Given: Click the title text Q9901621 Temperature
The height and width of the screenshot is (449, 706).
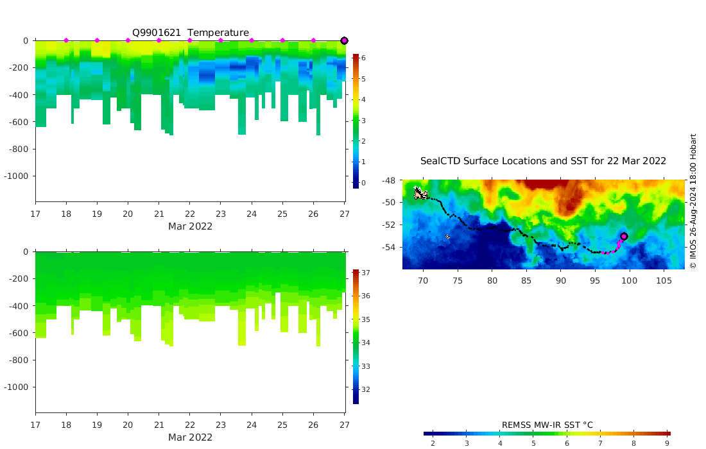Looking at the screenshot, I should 191,33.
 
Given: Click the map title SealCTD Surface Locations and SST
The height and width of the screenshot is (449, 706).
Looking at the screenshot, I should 543,161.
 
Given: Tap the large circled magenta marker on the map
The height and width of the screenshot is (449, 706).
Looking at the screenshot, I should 624,236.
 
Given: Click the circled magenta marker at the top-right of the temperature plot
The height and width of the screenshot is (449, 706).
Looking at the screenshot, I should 344,40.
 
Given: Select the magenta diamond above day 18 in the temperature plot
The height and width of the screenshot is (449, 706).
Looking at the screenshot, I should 66,40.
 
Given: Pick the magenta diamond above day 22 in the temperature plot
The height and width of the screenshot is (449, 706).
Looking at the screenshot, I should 190,40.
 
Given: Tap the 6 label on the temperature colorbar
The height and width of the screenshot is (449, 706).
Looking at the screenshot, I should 363,58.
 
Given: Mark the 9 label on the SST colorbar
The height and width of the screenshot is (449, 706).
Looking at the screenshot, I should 667,443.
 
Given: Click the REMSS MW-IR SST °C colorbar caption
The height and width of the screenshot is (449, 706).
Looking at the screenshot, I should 547,425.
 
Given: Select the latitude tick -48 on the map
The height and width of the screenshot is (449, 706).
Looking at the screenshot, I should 388,181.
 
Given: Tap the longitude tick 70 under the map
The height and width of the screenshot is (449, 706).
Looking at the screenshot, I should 423,280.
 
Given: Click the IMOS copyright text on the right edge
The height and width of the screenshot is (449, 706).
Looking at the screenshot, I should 693,201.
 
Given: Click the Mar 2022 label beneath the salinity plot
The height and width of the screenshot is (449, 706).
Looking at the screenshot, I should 190,437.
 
